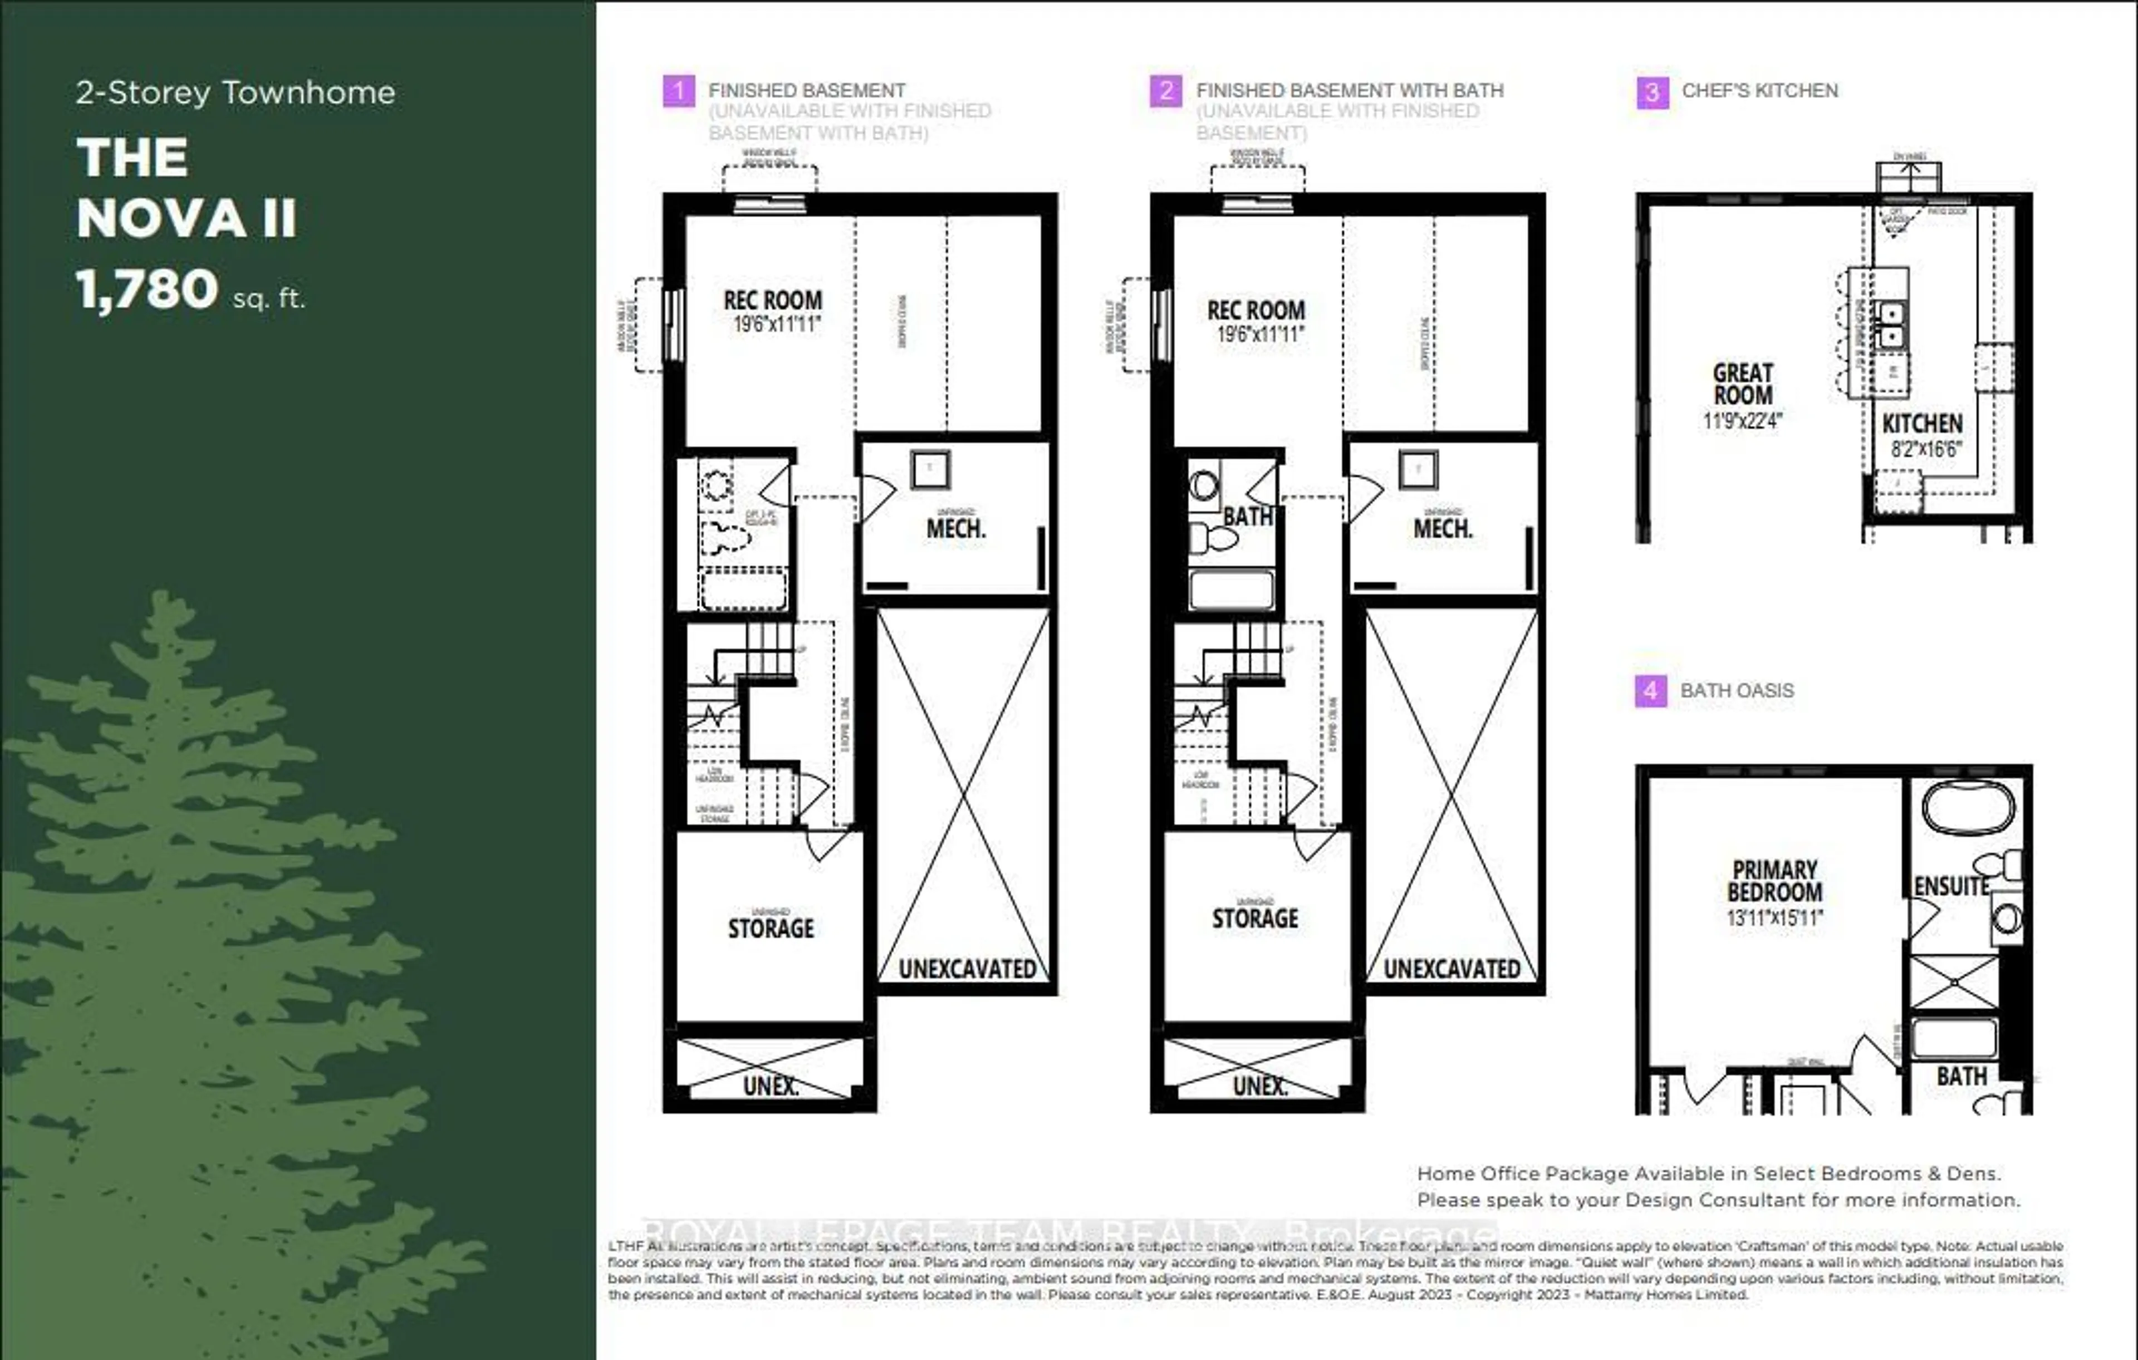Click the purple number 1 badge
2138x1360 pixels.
click(x=678, y=91)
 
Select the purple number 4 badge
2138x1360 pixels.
click(x=1650, y=691)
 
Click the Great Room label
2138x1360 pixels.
click(x=1743, y=384)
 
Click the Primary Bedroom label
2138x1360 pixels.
click(x=1774, y=881)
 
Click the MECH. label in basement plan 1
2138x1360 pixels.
click(x=955, y=529)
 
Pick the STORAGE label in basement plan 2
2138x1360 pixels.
click(x=1254, y=919)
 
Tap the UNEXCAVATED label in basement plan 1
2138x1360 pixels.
click(x=967, y=969)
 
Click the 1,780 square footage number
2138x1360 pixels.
click(x=148, y=289)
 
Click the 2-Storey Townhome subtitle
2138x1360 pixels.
click(x=236, y=93)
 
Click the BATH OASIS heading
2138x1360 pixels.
click(x=1737, y=691)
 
